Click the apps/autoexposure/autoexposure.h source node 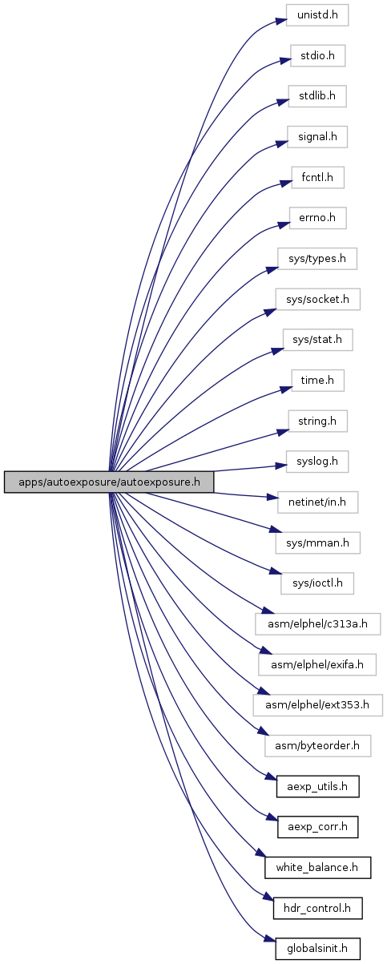(109, 482)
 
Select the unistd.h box (317, 15)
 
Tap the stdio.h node (317, 55)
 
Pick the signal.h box (317, 137)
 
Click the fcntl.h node (317, 177)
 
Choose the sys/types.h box (317, 259)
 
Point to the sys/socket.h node (317, 299)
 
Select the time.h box (317, 381)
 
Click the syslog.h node (317, 462)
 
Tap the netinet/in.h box (317, 502)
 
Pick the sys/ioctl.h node (317, 583)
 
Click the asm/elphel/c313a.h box (317, 624)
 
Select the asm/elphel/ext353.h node (317, 705)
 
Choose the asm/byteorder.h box (317, 746)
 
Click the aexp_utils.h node (317, 787)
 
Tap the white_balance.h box (317, 868)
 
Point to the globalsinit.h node (317, 949)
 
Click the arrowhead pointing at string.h (283, 432)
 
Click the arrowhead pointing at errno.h (284, 224)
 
